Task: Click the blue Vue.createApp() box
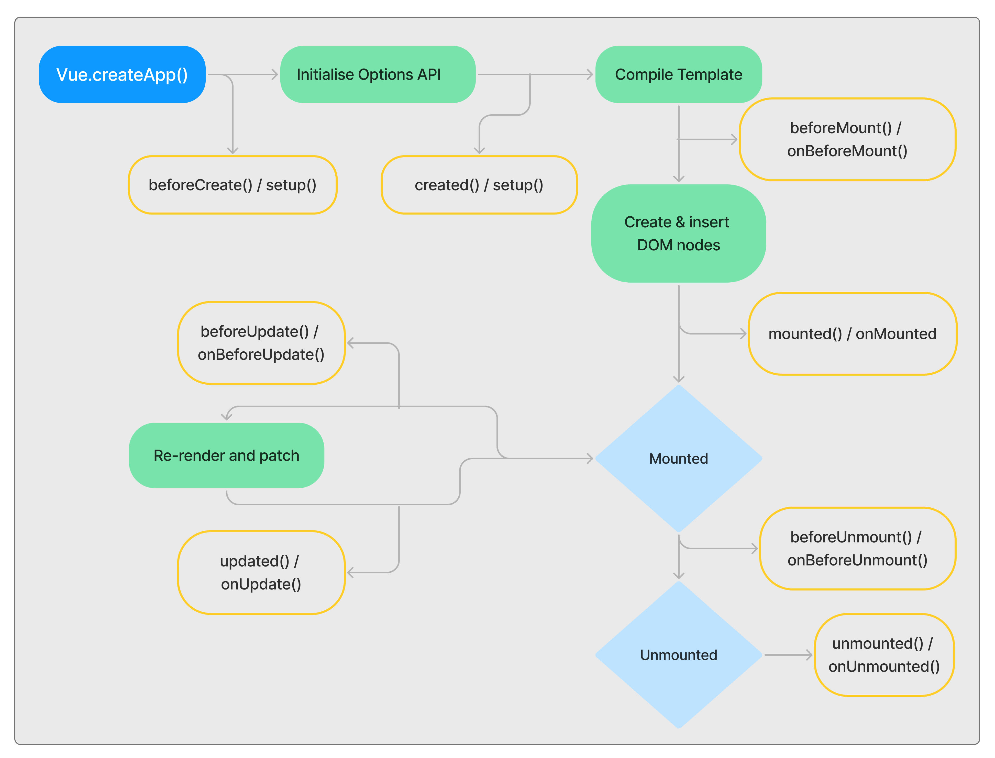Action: [x=122, y=74]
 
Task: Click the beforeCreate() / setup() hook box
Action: [x=233, y=185]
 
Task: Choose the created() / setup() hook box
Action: [x=479, y=185]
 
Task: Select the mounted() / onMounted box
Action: [x=852, y=334]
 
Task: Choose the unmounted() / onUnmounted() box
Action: [x=883, y=655]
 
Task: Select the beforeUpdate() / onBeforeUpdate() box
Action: [x=261, y=343]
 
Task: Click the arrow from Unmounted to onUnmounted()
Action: [x=787, y=655]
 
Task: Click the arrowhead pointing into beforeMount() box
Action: [x=734, y=139]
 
